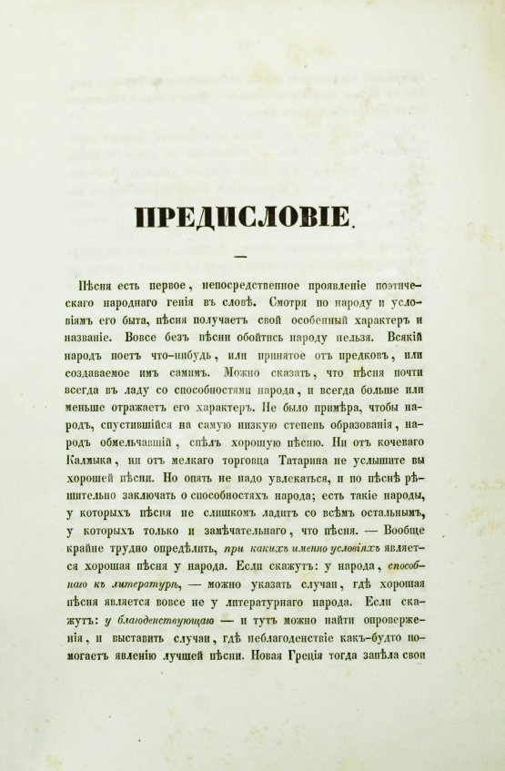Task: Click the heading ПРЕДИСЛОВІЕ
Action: click(243, 218)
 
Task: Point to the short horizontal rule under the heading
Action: click(243, 255)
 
